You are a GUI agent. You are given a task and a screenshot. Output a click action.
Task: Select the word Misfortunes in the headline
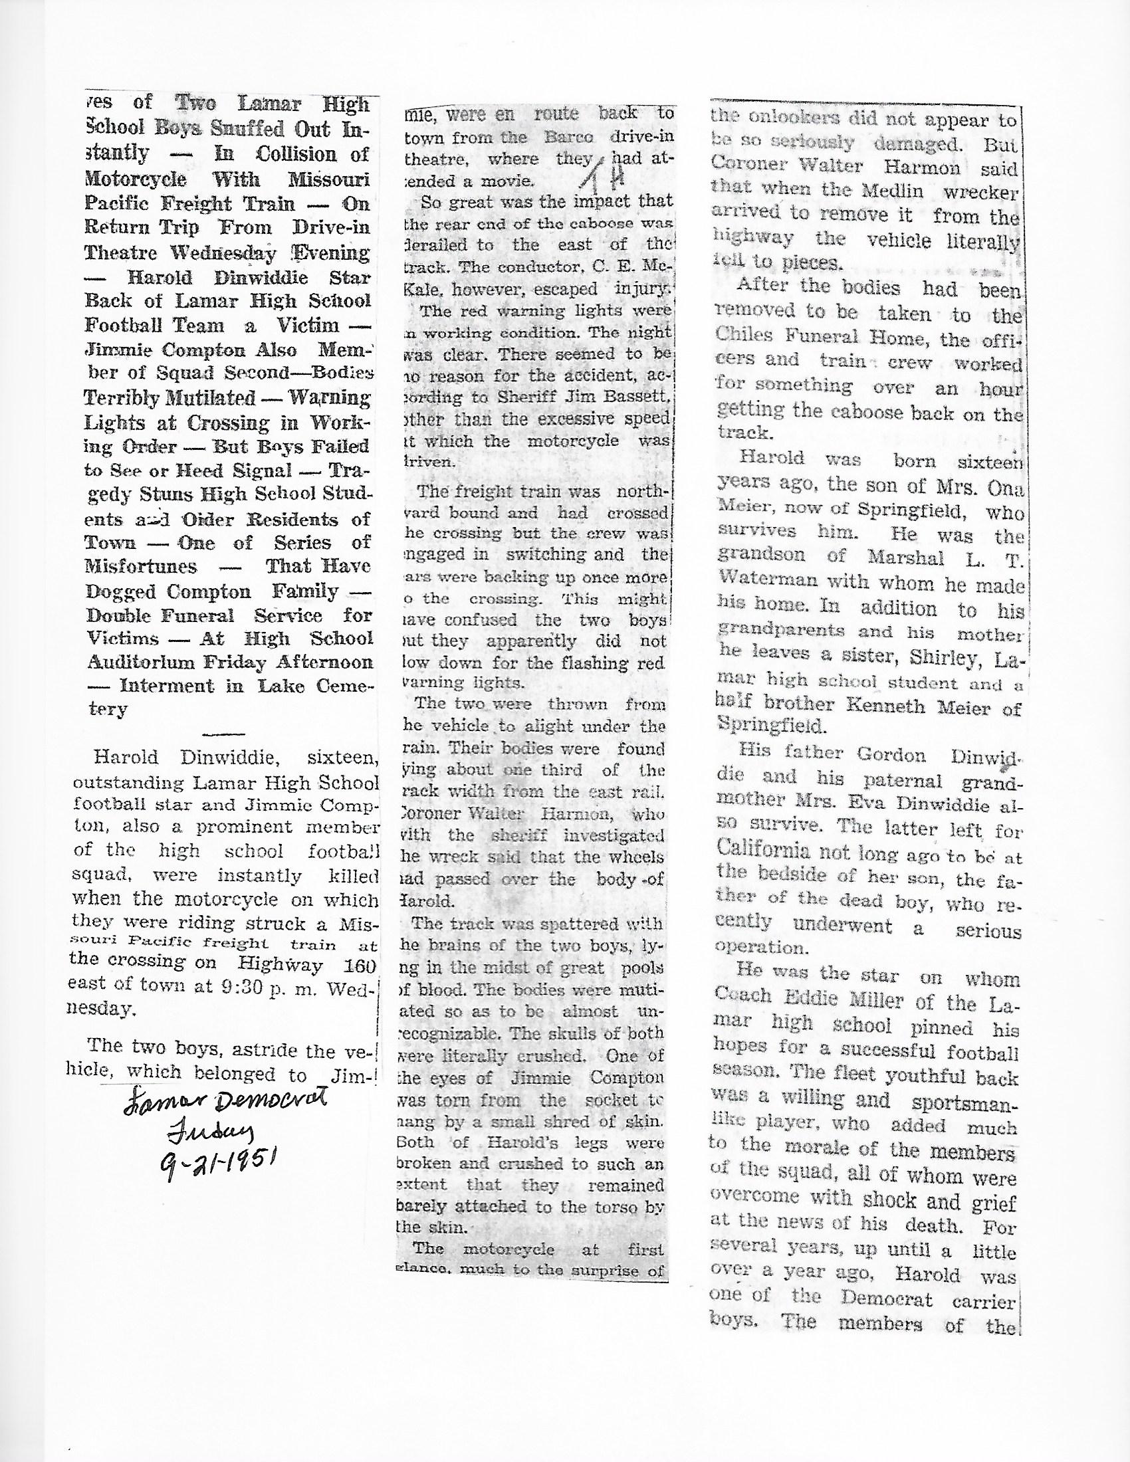point(141,566)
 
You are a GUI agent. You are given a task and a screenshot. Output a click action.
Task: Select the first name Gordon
point(891,755)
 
